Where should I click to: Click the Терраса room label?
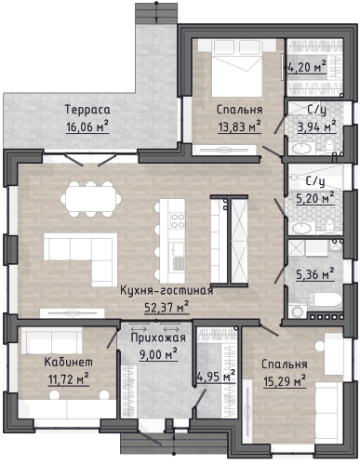click(87, 110)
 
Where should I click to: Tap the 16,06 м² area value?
click(87, 126)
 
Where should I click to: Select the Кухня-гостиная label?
click(167, 291)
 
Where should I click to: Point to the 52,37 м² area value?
click(167, 307)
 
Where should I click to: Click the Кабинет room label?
click(68, 362)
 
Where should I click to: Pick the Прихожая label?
click(158, 338)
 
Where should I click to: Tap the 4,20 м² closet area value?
click(307, 67)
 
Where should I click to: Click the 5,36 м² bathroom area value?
click(315, 274)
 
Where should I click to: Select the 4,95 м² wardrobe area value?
click(216, 377)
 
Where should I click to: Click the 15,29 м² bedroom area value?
click(285, 381)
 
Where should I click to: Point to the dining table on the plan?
click(90, 199)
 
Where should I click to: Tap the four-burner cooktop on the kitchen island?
click(178, 220)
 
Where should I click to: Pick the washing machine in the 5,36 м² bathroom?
click(298, 311)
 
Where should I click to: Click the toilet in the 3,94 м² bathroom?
click(329, 145)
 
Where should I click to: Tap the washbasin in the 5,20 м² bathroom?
click(301, 229)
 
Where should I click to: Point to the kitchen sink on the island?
click(178, 249)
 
